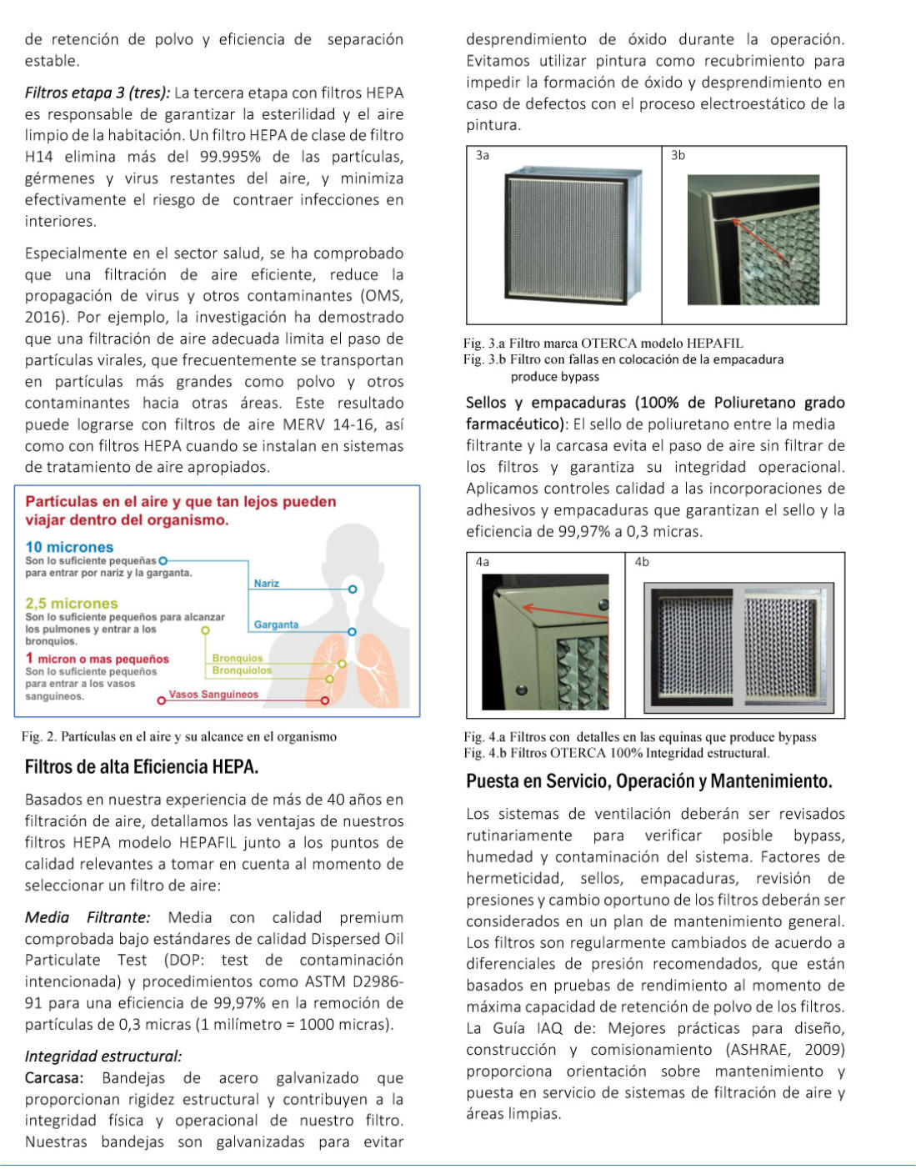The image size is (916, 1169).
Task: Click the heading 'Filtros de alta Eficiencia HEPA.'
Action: pos(142,766)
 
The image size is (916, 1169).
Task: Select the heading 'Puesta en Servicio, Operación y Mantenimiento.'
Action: pos(649,781)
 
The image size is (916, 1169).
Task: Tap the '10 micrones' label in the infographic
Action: pos(69,547)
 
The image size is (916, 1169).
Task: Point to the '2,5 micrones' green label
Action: pos(72,603)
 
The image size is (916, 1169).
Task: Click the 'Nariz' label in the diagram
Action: pos(267,584)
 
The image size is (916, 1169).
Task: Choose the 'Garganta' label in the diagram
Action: pos(276,625)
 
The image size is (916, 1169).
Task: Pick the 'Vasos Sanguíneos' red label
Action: pos(213,695)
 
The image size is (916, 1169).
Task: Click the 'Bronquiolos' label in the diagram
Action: pos(242,670)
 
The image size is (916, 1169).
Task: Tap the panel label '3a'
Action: pos(483,155)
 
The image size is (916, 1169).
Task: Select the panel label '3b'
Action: pos(678,155)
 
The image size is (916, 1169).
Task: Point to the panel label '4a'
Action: pos(483,562)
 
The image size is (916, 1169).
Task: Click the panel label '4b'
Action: pos(642,562)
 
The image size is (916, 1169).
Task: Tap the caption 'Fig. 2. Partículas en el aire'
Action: pos(179,736)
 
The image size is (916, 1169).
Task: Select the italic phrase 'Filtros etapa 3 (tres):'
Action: pos(98,93)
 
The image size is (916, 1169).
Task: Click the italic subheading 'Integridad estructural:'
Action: pos(103,1056)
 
